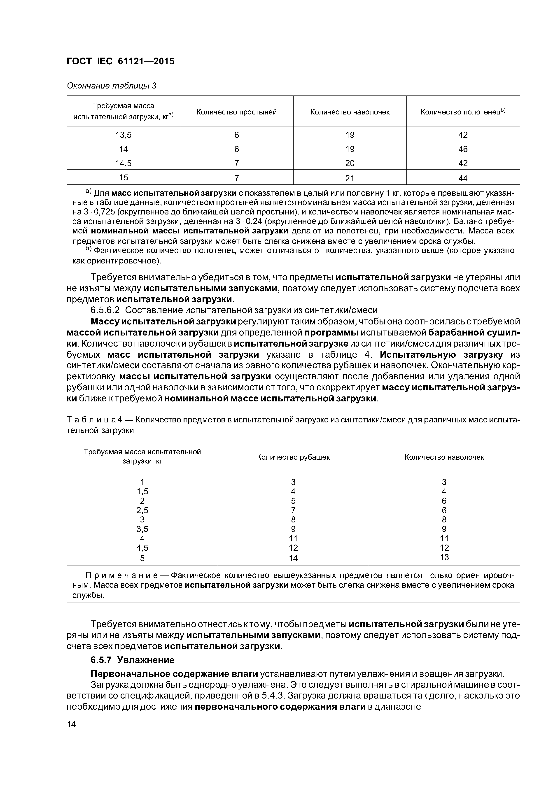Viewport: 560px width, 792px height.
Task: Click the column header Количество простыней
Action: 236,112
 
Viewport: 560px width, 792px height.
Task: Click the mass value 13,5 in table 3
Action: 123,135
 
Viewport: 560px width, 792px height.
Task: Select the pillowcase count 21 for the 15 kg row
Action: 350,178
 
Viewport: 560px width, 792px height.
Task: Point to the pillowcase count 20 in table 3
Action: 350,163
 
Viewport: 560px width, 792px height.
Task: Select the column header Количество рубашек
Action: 293,457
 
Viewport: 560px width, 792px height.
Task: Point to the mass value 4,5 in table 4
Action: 142,548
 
